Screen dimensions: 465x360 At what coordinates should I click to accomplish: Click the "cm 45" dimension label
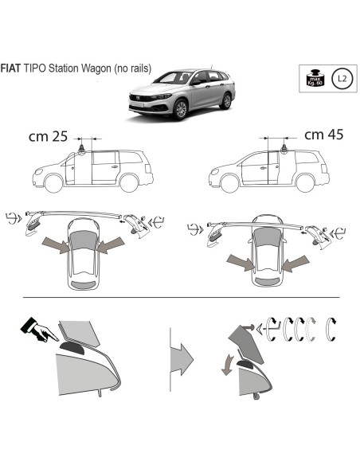point(323,135)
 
